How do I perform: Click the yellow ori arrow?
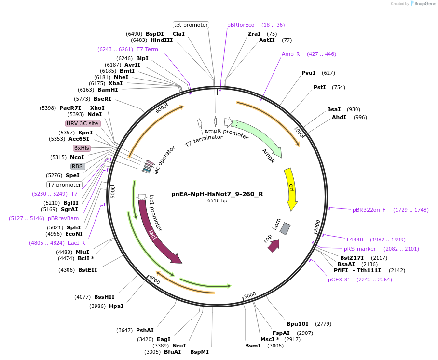click(291, 188)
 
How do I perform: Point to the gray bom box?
click(285, 229)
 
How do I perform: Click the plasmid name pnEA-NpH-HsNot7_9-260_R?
click(217, 194)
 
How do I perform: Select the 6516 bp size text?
click(217, 201)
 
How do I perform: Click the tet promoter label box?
click(191, 25)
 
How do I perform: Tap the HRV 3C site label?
click(82, 123)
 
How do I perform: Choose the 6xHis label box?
click(82, 148)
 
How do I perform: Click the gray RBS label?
click(78, 166)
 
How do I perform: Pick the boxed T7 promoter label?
click(64, 185)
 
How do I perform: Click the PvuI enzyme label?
click(308, 73)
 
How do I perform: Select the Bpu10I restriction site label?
click(298, 324)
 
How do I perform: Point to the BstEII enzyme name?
click(87, 270)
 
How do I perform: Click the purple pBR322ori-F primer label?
click(369, 210)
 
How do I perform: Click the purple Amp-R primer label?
click(291, 54)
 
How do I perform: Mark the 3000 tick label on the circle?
click(250, 295)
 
